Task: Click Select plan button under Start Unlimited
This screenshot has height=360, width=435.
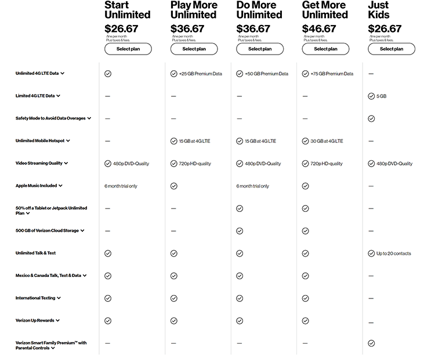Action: [128, 49]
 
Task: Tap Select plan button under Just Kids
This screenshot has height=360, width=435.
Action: [391, 49]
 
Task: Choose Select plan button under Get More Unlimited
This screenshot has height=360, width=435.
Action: [325, 49]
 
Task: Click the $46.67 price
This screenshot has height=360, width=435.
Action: [319, 28]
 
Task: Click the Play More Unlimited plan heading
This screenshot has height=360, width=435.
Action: [194, 10]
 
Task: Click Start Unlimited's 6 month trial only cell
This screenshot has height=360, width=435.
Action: [121, 186]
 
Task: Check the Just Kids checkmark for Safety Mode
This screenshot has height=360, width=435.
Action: [371, 118]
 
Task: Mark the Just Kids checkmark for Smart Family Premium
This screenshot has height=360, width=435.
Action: [371, 343]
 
